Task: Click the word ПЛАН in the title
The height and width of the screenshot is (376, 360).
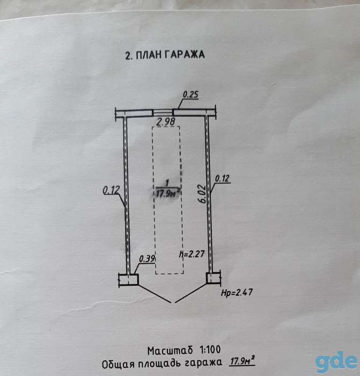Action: (x=149, y=55)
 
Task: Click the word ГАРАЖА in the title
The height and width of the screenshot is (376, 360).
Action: (x=185, y=55)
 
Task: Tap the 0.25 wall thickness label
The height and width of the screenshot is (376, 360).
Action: (x=190, y=95)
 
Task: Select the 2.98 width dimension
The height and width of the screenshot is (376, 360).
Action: (x=165, y=121)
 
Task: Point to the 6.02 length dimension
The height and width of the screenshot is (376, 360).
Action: (x=203, y=194)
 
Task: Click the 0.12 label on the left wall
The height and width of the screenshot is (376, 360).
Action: (x=111, y=191)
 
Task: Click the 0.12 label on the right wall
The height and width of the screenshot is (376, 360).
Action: (x=222, y=179)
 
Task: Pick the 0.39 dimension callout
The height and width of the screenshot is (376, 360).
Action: (x=147, y=259)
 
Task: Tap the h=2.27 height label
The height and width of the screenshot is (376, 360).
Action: (x=192, y=254)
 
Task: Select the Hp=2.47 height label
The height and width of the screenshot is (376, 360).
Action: (x=237, y=292)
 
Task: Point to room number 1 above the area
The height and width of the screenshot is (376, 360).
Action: (x=167, y=183)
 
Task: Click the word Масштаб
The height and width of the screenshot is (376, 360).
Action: (x=170, y=351)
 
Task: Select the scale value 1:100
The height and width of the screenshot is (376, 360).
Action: (x=210, y=350)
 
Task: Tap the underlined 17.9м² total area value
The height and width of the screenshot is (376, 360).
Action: (x=242, y=361)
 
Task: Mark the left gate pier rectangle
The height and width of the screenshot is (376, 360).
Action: (x=129, y=279)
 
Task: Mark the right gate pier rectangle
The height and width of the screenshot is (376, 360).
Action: (x=214, y=278)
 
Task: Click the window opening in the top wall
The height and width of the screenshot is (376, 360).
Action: (x=163, y=113)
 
